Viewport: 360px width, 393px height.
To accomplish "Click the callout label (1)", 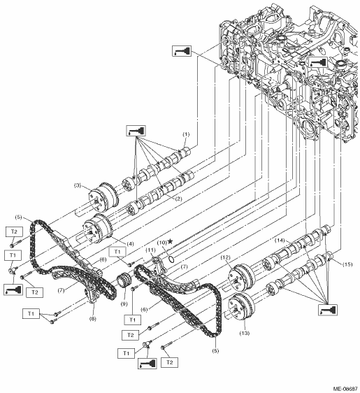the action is (x=186, y=134).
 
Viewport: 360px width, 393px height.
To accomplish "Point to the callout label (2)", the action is (x=178, y=199).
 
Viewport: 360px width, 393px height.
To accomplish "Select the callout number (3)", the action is (x=78, y=185).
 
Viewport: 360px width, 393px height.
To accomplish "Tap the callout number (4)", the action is (x=130, y=243).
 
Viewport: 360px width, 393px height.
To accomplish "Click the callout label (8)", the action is (x=92, y=319).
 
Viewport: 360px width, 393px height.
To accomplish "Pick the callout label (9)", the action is (x=124, y=304).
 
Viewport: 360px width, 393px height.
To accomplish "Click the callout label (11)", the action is (x=150, y=250).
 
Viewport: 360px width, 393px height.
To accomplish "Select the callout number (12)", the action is (x=226, y=257).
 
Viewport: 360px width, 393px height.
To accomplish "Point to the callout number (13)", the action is (x=245, y=333).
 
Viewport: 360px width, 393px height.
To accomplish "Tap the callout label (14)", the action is (x=280, y=241).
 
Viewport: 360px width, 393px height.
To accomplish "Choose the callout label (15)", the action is (x=347, y=264).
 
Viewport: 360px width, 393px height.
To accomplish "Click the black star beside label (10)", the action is (x=170, y=241).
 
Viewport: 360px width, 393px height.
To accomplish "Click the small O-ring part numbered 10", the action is (x=171, y=259).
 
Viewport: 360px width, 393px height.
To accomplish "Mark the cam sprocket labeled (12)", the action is (x=241, y=278).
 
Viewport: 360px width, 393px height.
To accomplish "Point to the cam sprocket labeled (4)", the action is (x=97, y=229).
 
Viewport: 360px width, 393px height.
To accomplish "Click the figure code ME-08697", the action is (x=345, y=390).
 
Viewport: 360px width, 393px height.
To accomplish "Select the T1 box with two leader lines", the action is (x=31, y=313).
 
